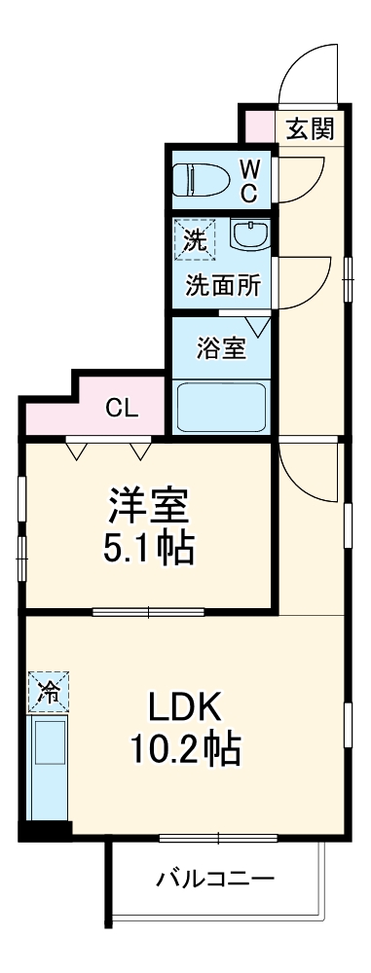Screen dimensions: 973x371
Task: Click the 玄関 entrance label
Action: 310,126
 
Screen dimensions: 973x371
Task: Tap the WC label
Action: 248,179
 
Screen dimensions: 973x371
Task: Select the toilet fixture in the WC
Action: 202,179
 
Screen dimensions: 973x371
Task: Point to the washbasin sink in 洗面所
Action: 251,236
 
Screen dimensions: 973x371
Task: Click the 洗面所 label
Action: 223,287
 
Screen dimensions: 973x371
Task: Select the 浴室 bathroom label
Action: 221,348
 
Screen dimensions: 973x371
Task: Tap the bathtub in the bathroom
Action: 220,407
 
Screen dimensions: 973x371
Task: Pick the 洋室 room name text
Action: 148,505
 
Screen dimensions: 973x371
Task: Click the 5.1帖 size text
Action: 148,550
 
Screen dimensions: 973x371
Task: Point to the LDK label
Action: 185,705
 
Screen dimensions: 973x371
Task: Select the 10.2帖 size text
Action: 185,750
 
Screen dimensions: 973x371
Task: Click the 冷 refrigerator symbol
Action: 48,693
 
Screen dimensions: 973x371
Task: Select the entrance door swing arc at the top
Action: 302,73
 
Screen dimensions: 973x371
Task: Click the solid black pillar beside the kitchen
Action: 45,831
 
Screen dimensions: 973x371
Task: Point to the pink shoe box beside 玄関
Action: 258,126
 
